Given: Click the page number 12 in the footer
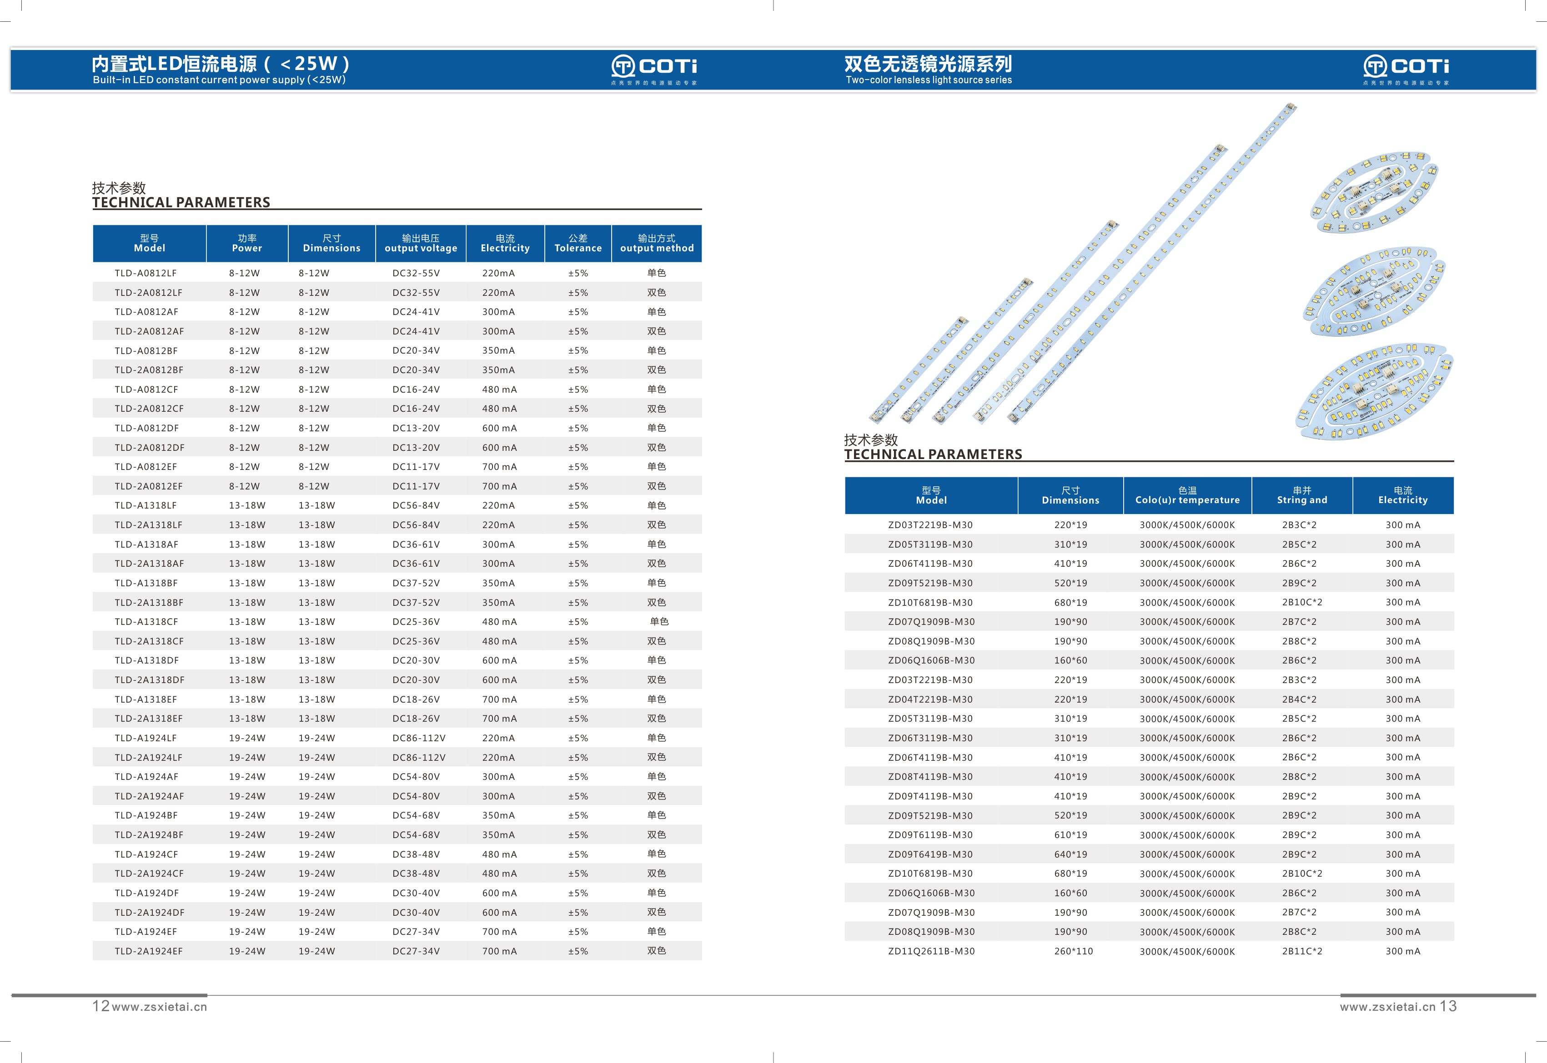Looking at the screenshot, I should pos(100,1006).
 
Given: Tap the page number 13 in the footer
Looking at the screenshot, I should pos(1448,1006).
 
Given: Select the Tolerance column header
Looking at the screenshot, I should pos(578,243).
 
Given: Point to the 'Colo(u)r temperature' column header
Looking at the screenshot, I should pos(1187,495).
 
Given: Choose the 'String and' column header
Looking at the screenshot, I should pos(1302,495).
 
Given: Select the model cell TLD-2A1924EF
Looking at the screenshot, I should pos(149,951).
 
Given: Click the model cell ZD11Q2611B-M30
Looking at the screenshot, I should pos(931,951).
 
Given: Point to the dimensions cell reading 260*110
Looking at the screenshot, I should pos(1073,951).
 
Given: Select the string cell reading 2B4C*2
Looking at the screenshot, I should pos(1299,699).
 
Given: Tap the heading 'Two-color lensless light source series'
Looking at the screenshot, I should pos(928,80).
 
